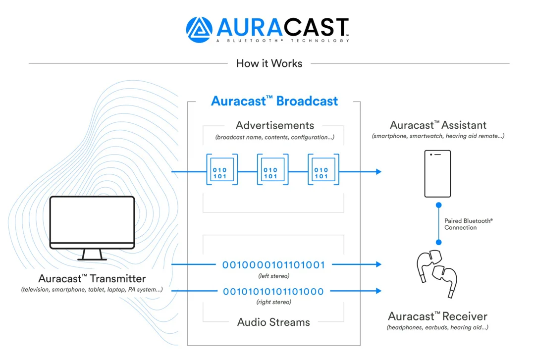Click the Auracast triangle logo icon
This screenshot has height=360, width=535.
coord(199,30)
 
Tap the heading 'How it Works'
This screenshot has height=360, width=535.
coord(269,63)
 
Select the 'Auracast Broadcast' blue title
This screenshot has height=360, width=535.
coord(274,101)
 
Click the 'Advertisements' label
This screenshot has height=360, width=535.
coord(274,125)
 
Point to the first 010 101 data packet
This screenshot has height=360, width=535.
coord(222,169)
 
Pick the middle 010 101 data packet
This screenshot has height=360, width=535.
coord(272,169)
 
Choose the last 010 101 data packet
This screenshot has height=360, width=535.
coord(323,169)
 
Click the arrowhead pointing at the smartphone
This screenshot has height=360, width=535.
coord(378,172)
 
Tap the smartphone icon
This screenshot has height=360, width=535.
coord(437,174)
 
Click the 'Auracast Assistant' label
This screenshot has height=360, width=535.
coord(438,125)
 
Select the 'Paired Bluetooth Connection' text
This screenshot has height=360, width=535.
coord(468,224)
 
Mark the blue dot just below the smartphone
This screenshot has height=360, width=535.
coord(439,205)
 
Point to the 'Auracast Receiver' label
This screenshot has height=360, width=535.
coord(437,316)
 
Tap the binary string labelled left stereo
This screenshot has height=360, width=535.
coord(273,265)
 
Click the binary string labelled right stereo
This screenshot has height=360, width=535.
coord(273,291)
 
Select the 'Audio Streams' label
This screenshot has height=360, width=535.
coord(273,322)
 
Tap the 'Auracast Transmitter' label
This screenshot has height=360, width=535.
coord(92,278)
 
